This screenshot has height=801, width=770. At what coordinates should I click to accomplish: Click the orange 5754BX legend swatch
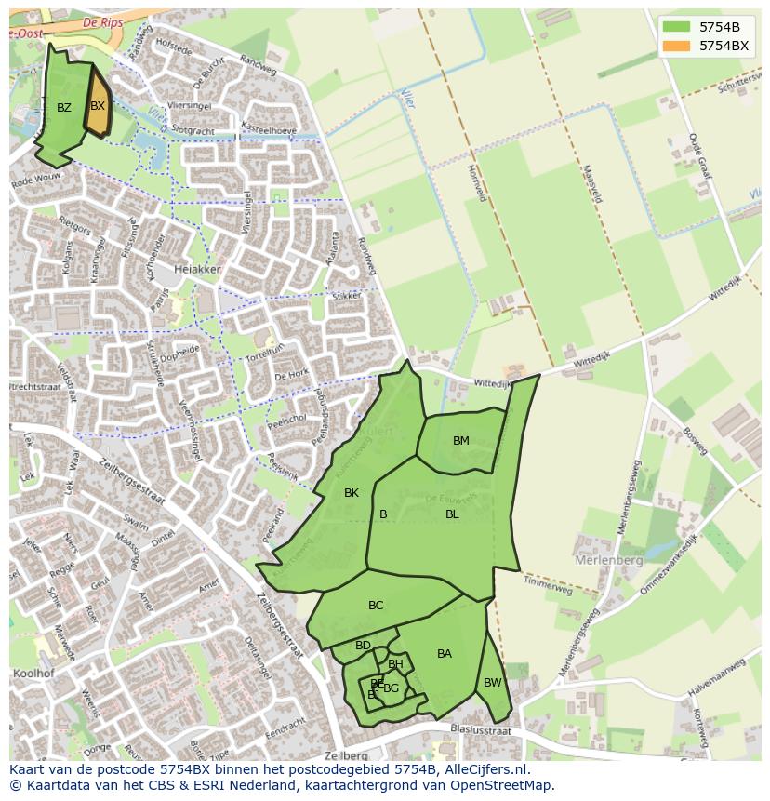677,45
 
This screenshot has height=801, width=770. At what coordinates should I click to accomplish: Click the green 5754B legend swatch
677,26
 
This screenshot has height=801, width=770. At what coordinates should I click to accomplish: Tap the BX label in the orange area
98,106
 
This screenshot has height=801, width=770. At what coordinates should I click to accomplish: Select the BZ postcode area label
63,108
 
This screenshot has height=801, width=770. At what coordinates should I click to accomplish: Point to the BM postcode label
461,441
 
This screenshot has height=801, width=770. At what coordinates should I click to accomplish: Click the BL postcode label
452,514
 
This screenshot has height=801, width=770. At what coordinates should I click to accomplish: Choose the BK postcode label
352,493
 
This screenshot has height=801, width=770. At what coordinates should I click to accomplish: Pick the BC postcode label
376,606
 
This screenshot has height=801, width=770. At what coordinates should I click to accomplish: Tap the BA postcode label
445,654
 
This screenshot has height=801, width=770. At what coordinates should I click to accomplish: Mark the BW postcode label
493,683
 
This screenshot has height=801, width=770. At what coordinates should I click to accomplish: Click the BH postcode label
396,664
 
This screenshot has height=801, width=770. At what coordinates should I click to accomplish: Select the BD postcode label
363,646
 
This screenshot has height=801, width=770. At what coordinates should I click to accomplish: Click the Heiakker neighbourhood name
200,269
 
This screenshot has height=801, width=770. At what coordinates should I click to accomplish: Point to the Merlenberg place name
609,561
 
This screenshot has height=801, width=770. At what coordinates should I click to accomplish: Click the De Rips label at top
103,21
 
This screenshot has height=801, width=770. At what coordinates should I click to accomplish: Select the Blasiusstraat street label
480,731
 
